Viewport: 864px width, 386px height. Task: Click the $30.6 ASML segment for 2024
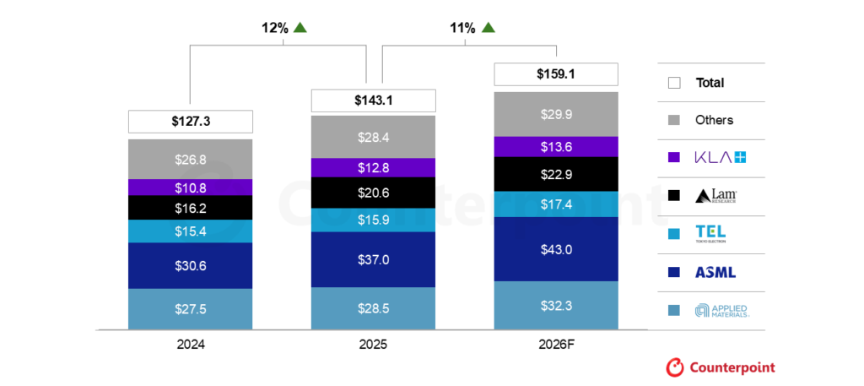(x=191, y=265)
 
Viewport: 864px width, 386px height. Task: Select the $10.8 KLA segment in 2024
(x=191, y=187)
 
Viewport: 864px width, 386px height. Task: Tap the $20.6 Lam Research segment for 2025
(x=373, y=193)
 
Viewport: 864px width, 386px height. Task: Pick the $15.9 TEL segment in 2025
(x=373, y=220)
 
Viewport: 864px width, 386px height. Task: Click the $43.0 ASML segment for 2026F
(x=555, y=249)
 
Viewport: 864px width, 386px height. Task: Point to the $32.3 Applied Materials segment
(x=555, y=304)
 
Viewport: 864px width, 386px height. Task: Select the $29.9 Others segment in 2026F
(x=555, y=114)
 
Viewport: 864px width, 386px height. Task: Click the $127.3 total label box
(x=191, y=122)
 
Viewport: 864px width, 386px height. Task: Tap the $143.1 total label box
(x=373, y=101)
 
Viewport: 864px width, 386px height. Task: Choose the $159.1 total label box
(x=555, y=74)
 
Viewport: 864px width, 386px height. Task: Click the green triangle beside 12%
(x=300, y=28)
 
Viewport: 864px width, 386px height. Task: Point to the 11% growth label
(x=461, y=28)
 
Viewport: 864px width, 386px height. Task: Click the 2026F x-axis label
(x=555, y=345)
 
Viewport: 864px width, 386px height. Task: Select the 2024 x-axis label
(x=191, y=345)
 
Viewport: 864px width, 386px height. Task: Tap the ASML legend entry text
(x=715, y=272)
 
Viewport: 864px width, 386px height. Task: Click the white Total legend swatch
(x=674, y=83)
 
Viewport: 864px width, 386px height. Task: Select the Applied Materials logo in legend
(x=721, y=311)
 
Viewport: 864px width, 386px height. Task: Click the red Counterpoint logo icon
(x=675, y=367)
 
